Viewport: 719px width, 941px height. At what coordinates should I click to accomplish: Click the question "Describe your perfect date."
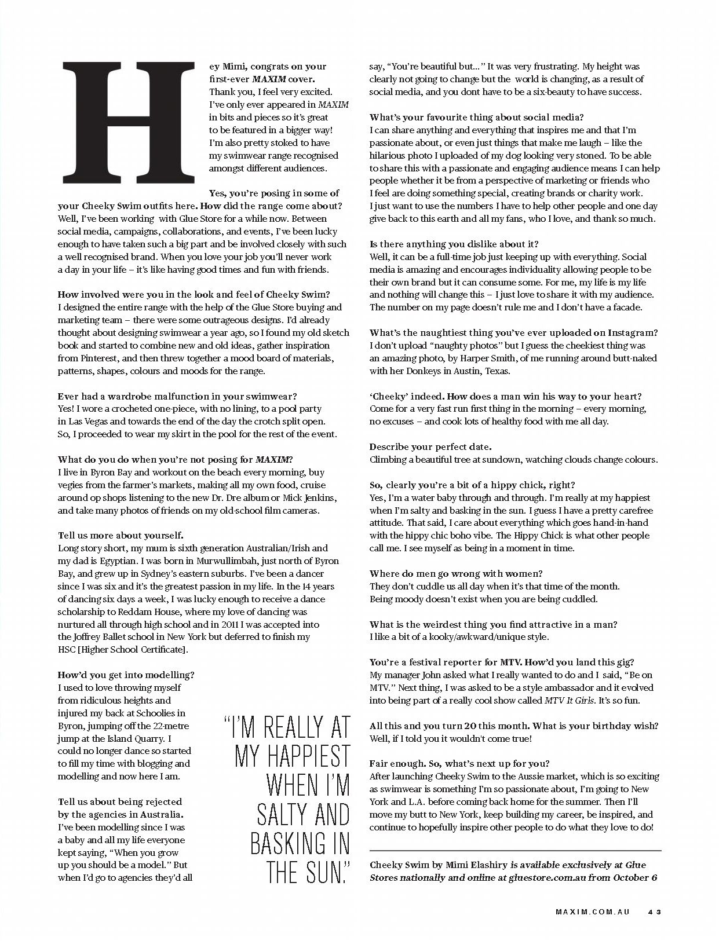click(430, 447)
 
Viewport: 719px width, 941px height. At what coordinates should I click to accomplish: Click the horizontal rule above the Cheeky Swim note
click(515, 850)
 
